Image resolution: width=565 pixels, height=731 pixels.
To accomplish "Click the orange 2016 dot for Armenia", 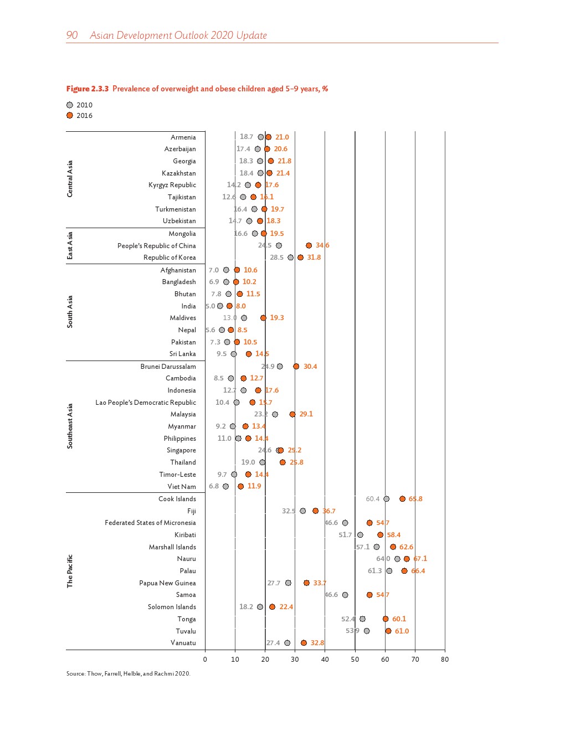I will coord(269,137).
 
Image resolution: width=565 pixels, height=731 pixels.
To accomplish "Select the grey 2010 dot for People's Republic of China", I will coord(279,245).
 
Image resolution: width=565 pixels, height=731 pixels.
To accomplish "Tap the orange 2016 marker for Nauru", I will coord(407,559).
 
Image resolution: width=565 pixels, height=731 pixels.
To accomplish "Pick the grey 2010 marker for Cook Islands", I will coord(387,499).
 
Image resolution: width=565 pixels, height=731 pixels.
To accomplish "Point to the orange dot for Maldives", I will coord(263,318).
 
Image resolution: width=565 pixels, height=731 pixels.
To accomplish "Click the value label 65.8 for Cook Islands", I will coord(415,499).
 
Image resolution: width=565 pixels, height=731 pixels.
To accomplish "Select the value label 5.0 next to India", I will coord(210,306).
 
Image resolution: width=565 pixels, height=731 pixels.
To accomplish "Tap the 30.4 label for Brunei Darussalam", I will coord(310,367).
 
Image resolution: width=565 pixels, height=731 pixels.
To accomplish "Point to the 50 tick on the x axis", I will coord(355,659).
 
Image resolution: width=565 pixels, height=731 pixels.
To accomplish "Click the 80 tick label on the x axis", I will coord(445,659).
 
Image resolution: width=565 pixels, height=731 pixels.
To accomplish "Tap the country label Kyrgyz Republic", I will coord(172,185).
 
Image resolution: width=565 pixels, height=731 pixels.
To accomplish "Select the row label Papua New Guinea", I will coord(167,583).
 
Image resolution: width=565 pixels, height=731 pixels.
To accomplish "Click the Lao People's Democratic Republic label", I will coord(146,403).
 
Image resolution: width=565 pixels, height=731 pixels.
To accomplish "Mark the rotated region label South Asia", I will coord(70,312).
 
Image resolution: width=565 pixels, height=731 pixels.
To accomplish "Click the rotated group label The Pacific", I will coord(70,571).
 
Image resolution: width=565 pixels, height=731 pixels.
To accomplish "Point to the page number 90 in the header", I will coord(72,35).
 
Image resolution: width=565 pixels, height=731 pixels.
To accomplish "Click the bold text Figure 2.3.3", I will coord(88,89).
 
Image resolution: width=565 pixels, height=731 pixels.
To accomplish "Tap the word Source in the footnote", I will coord(75,673).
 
